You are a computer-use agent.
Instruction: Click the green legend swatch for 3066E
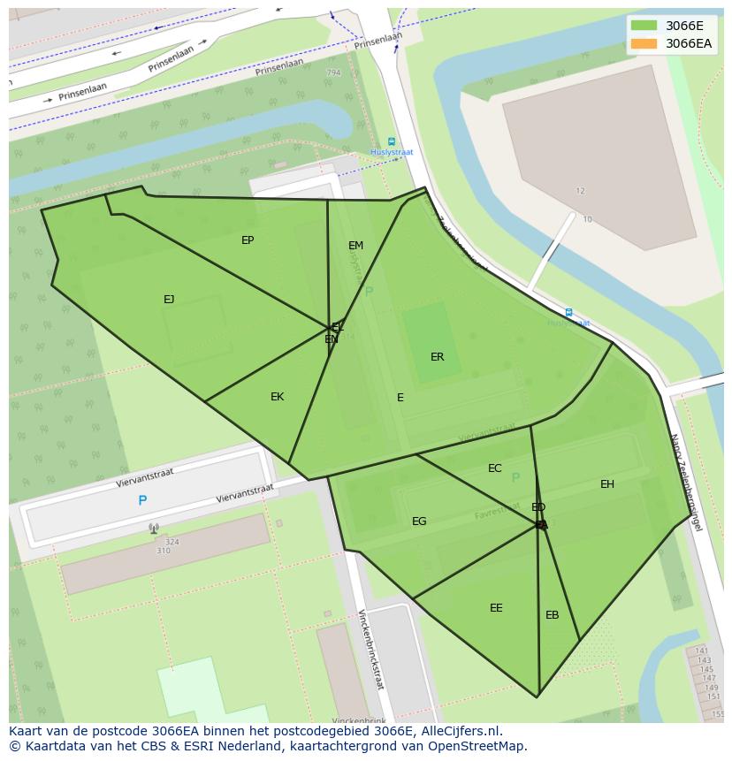(644, 26)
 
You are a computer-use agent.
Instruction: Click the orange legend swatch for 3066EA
(644, 43)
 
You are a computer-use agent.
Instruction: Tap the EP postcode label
(248, 240)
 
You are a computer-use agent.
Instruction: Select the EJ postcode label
(169, 300)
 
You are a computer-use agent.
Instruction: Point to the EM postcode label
(355, 246)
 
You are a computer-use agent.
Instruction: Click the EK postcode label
(277, 397)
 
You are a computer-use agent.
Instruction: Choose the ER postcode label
(437, 357)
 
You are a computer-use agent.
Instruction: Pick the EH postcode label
(607, 484)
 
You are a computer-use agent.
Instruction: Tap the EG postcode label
(419, 521)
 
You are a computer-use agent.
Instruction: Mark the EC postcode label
(495, 468)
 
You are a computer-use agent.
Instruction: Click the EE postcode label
(496, 608)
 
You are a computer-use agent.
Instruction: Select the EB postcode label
(552, 615)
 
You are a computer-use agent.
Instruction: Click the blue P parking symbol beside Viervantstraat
(142, 501)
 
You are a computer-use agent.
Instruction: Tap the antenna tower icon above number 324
(154, 529)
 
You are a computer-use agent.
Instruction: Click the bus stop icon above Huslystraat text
(392, 141)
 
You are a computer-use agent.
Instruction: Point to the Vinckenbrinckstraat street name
(370, 649)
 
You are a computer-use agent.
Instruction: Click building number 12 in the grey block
(581, 191)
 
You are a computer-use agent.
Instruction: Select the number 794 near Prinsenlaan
(333, 72)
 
